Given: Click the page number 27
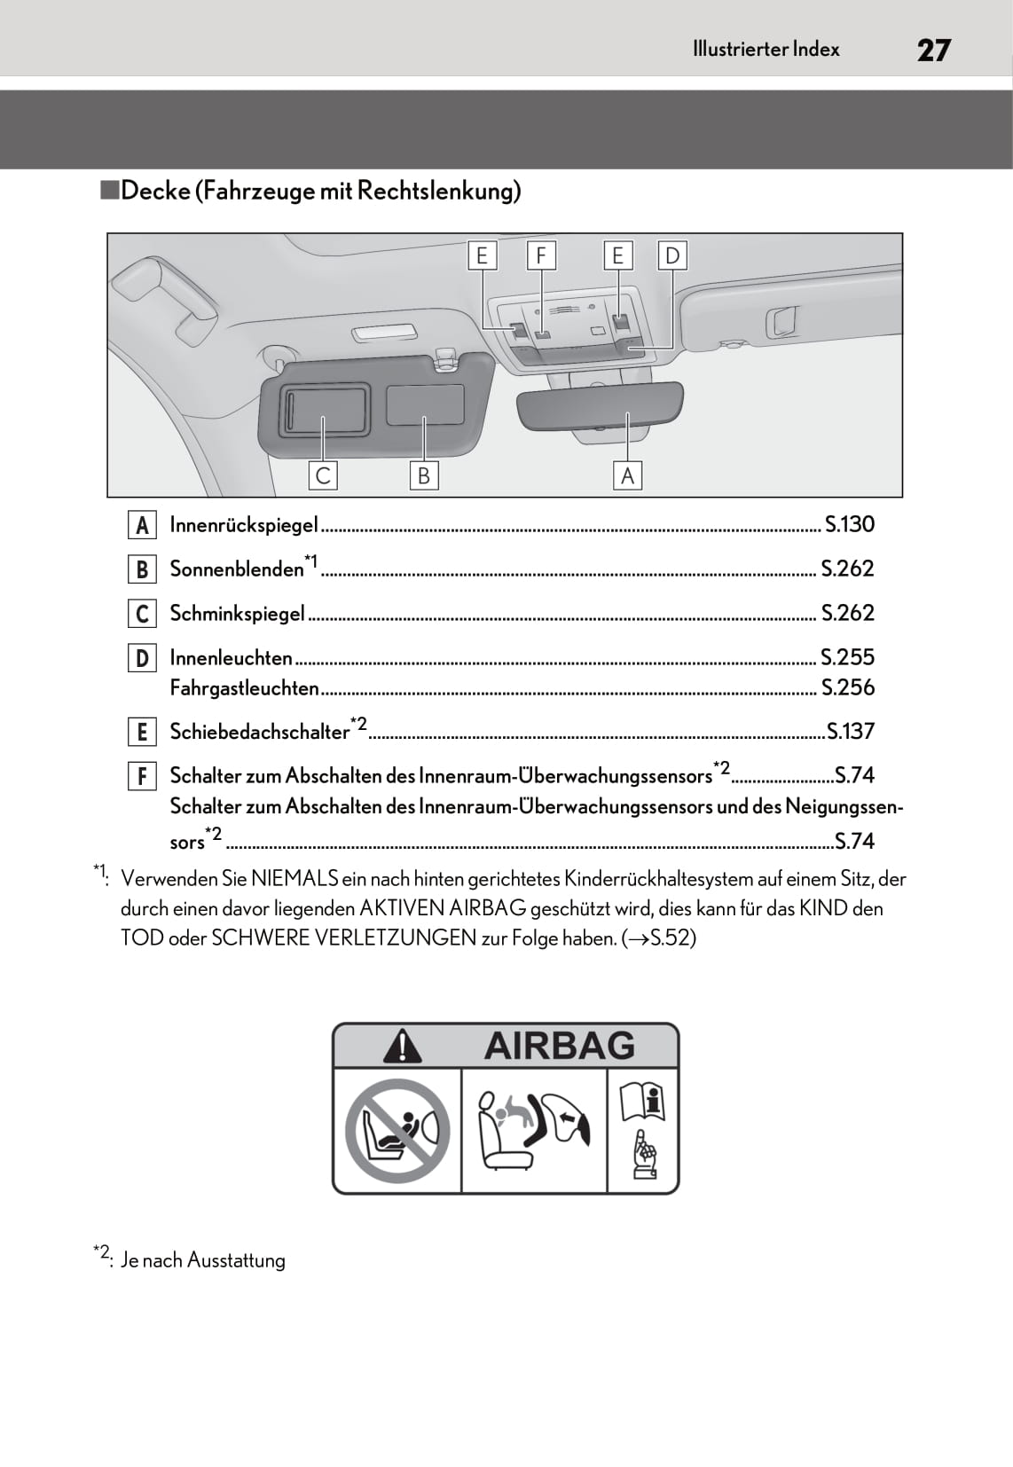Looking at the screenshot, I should point(933,50).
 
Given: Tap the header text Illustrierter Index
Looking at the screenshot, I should point(766,50).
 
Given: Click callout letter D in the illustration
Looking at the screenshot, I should point(672,256).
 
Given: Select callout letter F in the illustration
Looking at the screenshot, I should point(540,256).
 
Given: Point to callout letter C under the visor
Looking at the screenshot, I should point(323,476).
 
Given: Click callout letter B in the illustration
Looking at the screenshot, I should point(423,476).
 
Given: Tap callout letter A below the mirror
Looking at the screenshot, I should point(627,476).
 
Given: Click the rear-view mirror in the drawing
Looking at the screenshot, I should point(601,407).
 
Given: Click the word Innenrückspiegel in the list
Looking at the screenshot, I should point(243,525).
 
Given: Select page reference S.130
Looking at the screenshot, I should point(849,524).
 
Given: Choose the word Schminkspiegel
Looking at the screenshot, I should point(237,614).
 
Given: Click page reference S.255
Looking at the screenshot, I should point(847,657).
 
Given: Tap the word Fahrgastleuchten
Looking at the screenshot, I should point(244,688).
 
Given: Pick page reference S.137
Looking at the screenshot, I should point(850,732).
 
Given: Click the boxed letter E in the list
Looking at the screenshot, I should point(142,733).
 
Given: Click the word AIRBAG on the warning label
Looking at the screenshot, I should point(560,1046).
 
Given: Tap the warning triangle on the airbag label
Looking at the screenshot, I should point(402,1046).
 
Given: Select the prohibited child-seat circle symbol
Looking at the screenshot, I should point(397,1131).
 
